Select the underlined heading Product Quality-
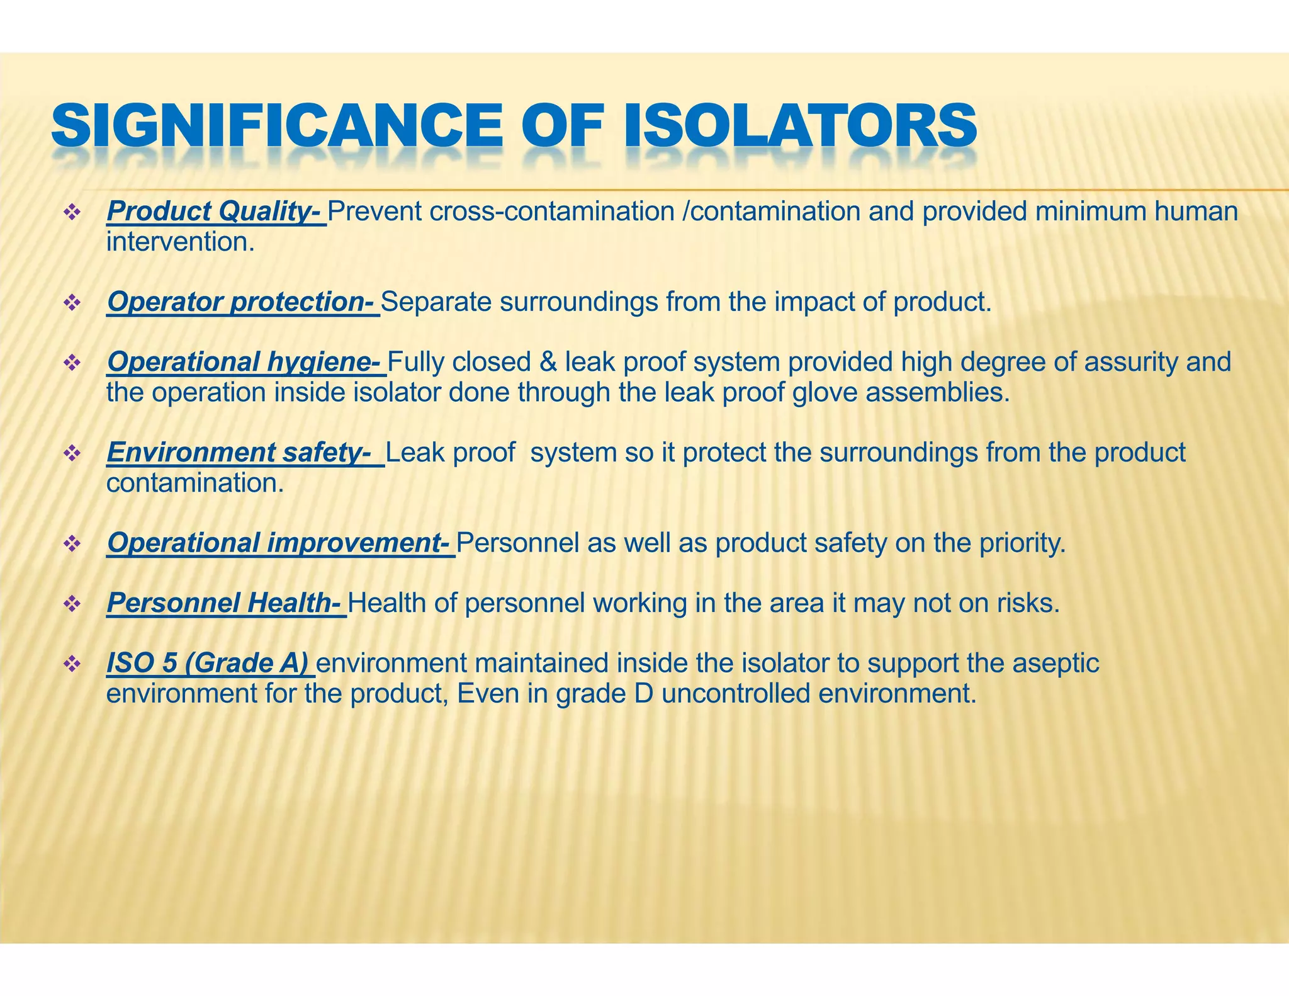click(216, 212)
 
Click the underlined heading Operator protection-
click(242, 302)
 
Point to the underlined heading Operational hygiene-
click(245, 362)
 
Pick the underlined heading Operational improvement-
click(279, 543)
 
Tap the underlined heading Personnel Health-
click(225, 603)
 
